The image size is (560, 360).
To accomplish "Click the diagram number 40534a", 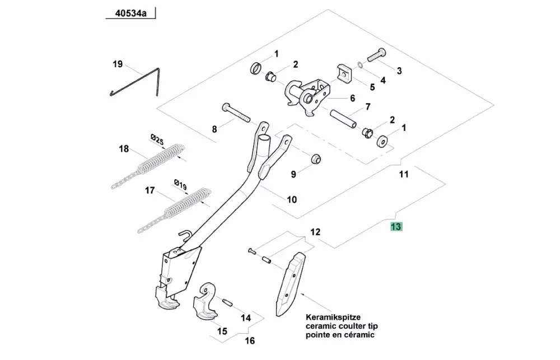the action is tap(130, 13).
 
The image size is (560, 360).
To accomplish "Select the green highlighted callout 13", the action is tap(396, 226).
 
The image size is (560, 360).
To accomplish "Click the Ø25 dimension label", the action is tap(157, 139).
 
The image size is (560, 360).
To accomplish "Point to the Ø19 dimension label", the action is tap(180, 184).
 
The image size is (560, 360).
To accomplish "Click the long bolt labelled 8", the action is tap(236, 113).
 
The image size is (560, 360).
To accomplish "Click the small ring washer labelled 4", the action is tap(361, 65).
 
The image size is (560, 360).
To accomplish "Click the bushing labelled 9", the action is tap(316, 160).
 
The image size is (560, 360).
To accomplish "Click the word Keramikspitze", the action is tap(333, 317).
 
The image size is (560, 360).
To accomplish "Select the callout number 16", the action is tap(250, 341).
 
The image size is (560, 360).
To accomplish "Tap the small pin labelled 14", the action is tap(227, 302).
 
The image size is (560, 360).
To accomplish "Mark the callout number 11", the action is tap(403, 174).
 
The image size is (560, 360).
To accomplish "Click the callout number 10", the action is tap(292, 199).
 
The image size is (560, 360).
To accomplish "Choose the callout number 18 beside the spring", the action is tap(124, 148).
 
